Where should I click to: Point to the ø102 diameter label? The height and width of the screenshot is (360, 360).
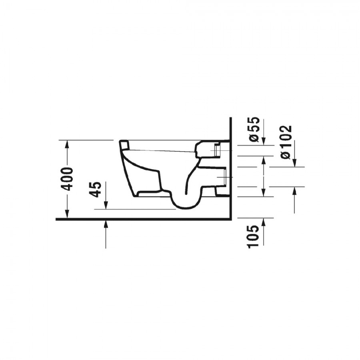(286, 142)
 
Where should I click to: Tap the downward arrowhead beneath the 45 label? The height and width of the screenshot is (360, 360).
(106, 205)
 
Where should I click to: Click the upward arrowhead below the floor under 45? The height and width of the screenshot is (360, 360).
(106, 224)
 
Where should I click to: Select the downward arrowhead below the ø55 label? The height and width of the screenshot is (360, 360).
(264, 141)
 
